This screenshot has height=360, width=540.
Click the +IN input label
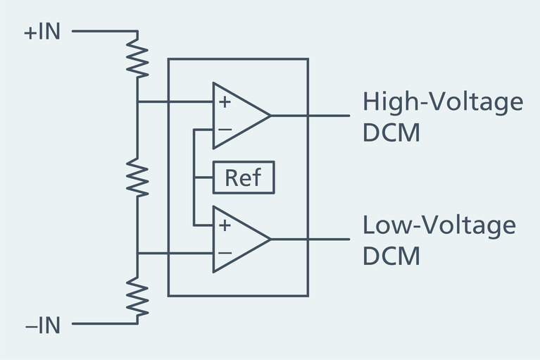(x=42, y=32)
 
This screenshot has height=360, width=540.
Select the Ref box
(x=243, y=178)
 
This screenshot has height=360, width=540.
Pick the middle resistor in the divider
(x=138, y=177)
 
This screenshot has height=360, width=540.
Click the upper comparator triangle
(x=239, y=116)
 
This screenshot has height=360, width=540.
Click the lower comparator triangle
(x=239, y=240)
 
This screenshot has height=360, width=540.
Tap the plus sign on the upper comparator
(x=225, y=102)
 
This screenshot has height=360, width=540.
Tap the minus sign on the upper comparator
(x=225, y=130)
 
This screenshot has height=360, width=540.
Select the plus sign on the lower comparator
(x=225, y=226)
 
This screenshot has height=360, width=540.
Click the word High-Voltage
(x=443, y=102)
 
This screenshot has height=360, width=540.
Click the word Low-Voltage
(x=439, y=226)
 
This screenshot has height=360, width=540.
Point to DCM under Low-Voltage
(x=391, y=256)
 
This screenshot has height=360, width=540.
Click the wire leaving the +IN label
(x=102, y=32)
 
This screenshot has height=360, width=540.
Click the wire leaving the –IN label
(x=102, y=325)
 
